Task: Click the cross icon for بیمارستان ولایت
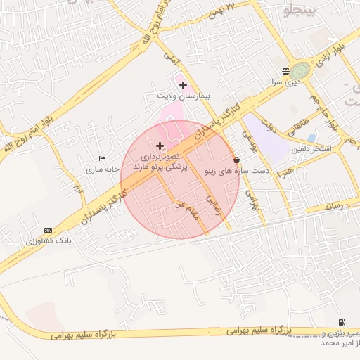[183, 85]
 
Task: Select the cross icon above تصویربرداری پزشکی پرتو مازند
[160, 146]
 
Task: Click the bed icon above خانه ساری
[103, 159]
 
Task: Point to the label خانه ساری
[99, 169]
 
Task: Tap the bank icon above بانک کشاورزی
[48, 230]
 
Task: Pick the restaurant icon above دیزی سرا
[285, 71]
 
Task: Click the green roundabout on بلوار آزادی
[301, 70]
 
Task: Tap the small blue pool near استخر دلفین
[311, 137]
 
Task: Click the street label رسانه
[333, 206]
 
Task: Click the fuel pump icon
[342, 322]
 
